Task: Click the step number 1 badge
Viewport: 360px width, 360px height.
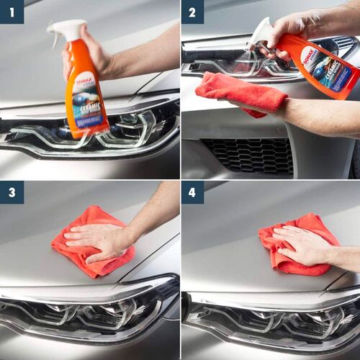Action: [12, 12]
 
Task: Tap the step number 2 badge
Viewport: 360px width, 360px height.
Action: [192, 12]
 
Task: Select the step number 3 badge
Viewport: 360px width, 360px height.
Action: [12, 192]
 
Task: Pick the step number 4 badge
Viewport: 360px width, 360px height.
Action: [192, 192]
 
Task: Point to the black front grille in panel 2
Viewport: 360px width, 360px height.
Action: [248, 155]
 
